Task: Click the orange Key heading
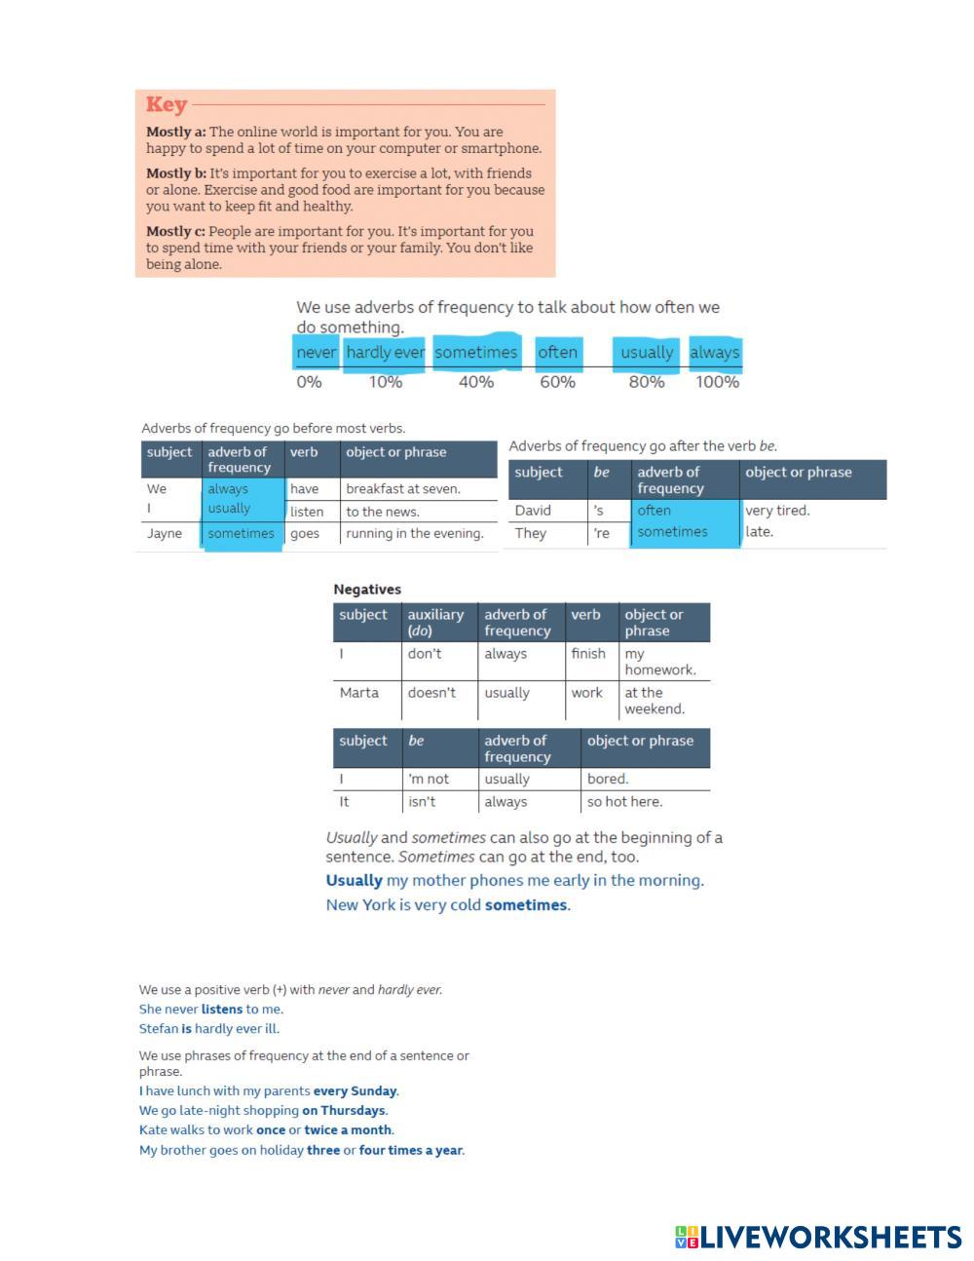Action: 167,105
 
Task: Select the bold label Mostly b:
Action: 176,173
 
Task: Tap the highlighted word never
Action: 316,353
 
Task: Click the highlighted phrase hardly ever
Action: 385,353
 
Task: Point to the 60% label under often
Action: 557,382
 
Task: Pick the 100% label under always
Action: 717,382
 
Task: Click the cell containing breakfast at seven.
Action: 403,489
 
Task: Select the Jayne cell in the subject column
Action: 165,534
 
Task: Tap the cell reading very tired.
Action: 777,511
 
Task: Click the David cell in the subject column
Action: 533,511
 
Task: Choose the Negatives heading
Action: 367,590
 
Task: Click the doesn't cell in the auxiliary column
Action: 431,693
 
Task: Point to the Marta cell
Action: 359,693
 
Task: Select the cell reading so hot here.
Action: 624,802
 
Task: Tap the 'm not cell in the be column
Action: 429,780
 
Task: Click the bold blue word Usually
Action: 354,881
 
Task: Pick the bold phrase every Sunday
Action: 355,1091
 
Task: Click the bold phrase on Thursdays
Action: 344,1111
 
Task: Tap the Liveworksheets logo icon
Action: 686,1238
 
